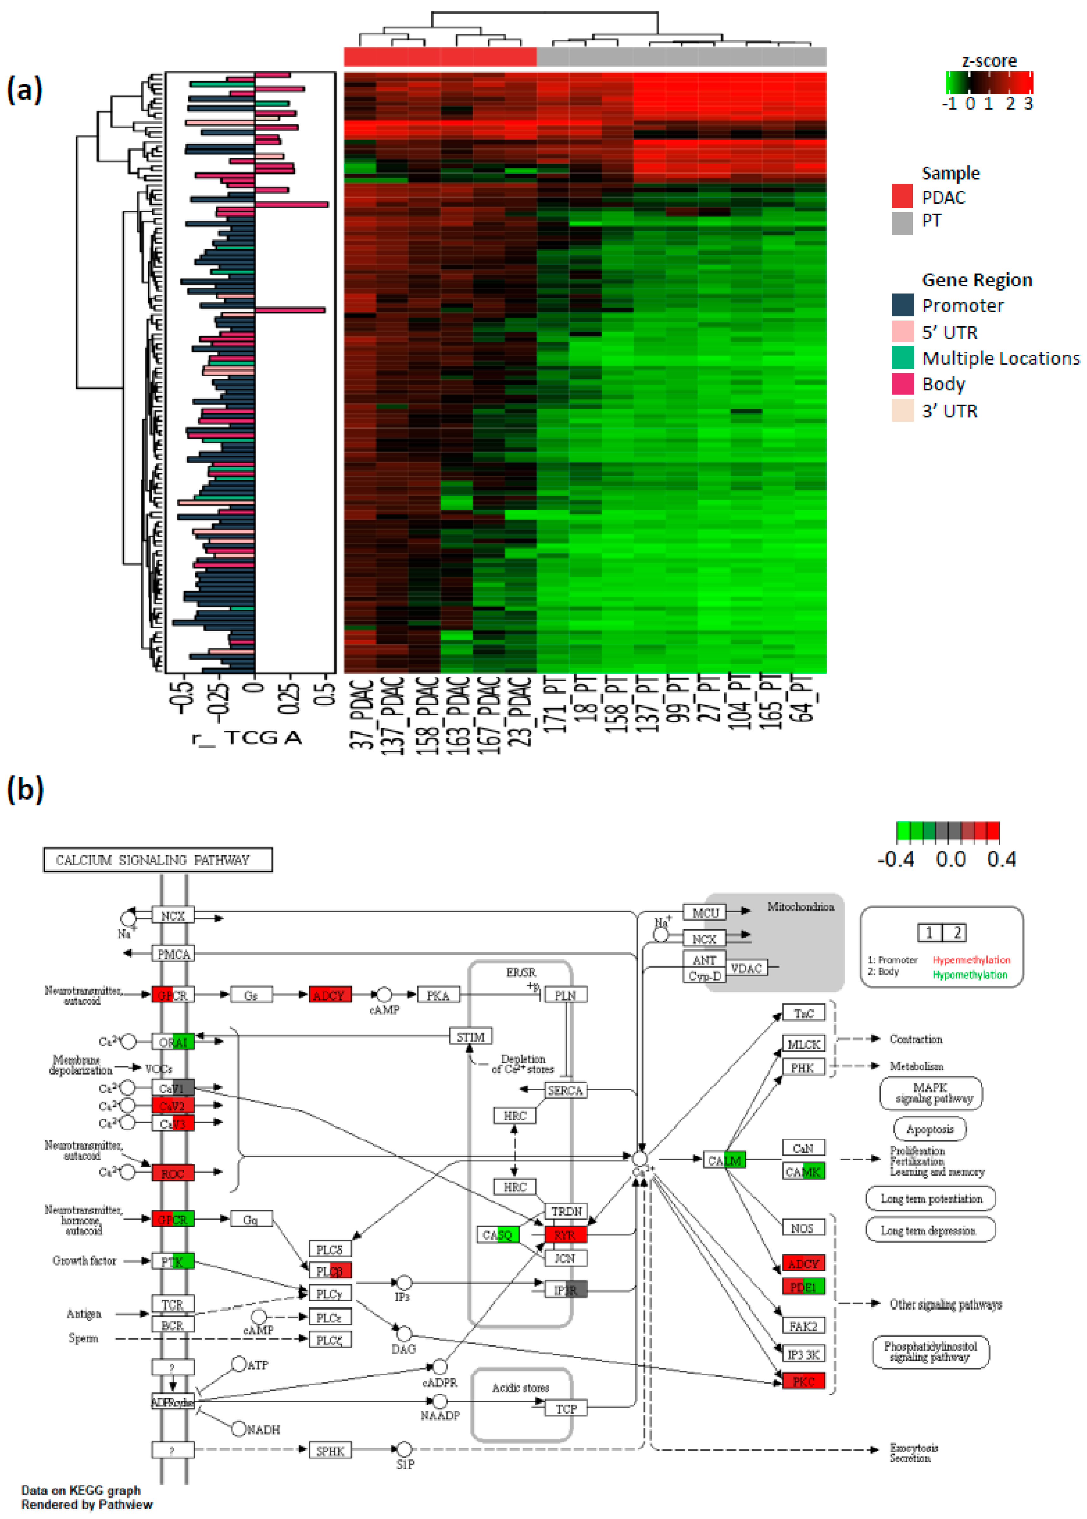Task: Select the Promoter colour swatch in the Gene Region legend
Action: [x=902, y=305]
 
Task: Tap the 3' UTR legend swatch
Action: [x=902, y=410]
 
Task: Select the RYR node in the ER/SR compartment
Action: [x=565, y=1235]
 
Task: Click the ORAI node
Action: [x=173, y=1042]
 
